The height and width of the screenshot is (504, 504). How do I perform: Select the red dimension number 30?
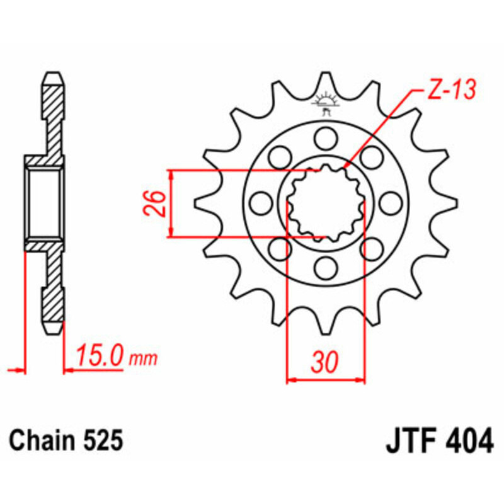pyautogui.click(x=325, y=362)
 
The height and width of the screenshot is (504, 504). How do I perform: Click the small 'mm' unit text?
pyautogui.click(x=143, y=359)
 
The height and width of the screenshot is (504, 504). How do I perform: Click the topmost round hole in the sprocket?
pyautogui.click(x=325, y=137)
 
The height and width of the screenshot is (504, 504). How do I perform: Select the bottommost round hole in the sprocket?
pyautogui.click(x=325, y=269)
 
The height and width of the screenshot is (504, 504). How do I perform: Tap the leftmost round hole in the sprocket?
pyautogui.click(x=259, y=203)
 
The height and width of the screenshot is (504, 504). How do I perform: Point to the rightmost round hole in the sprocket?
pyautogui.click(x=391, y=203)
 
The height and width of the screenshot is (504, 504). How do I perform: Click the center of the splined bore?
pyautogui.click(x=325, y=203)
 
